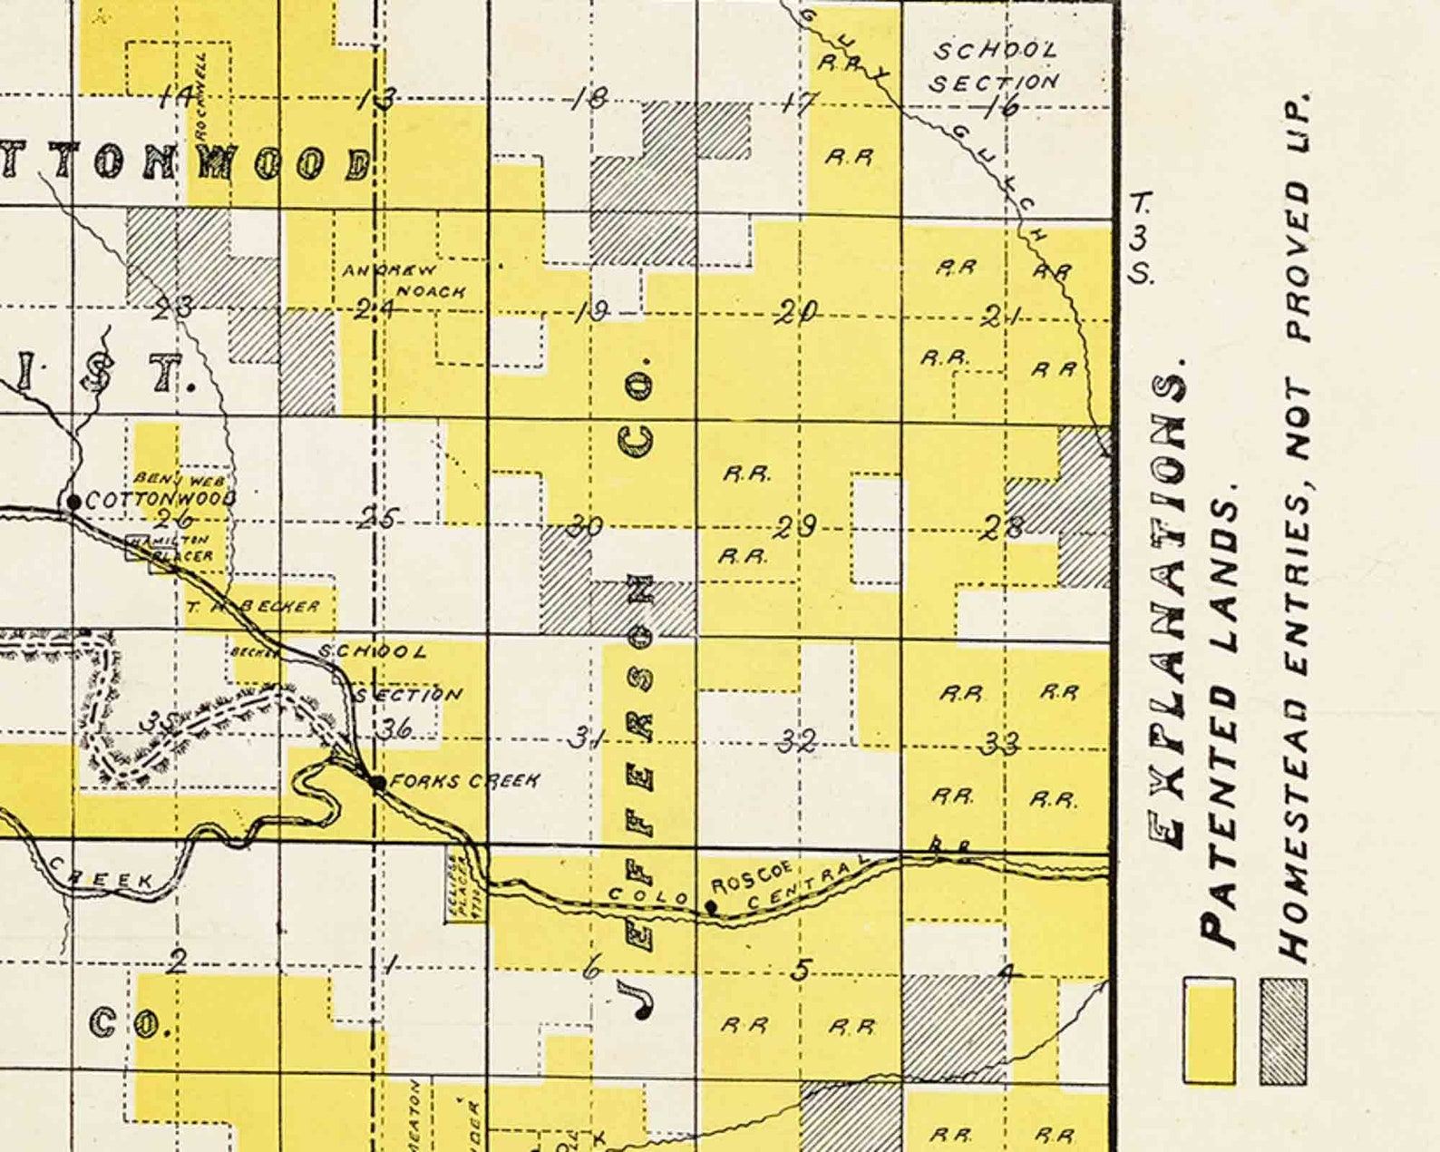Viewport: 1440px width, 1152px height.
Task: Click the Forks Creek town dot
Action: [377, 782]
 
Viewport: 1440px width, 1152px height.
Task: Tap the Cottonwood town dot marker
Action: [73, 501]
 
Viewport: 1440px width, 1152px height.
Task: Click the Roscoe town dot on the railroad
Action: [712, 905]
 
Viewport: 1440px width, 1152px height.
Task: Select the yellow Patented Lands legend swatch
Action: [1209, 1030]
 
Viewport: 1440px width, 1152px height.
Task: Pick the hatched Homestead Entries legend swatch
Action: [1283, 1030]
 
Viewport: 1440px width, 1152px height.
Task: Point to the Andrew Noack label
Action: [404, 280]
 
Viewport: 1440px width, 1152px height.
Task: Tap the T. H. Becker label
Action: [254, 606]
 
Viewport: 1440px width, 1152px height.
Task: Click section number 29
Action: [796, 526]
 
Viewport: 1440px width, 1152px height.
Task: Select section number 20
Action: [797, 312]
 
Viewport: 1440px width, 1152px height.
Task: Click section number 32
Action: [798, 741]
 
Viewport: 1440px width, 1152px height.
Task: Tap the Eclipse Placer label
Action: [469, 885]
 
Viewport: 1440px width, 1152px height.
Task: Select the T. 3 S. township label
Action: [1140, 237]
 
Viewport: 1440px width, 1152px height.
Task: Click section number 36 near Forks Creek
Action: [395, 727]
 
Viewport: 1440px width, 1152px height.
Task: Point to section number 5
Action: [800, 970]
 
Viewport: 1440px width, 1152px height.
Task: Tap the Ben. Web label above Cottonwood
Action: [179, 478]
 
